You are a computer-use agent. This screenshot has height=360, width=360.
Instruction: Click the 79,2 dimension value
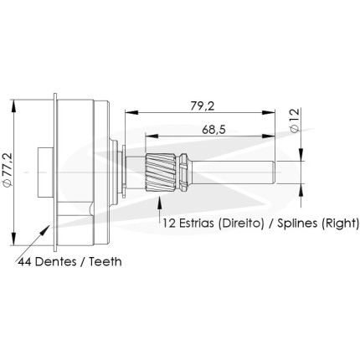click(203, 106)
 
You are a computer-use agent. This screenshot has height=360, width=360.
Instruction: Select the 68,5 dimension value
click(213, 130)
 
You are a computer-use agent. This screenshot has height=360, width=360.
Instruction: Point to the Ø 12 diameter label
click(295, 121)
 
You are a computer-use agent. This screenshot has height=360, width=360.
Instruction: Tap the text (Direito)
click(240, 224)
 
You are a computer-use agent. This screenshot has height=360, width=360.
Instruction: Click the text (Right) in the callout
click(340, 224)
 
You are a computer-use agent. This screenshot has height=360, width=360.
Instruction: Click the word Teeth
click(105, 262)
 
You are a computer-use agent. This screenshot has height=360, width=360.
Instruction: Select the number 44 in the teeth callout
click(24, 262)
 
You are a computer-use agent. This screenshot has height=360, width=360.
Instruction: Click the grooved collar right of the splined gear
click(185, 172)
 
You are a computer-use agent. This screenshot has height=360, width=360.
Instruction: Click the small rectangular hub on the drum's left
click(45, 172)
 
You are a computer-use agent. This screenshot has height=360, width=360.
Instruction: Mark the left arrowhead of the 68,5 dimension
click(152, 136)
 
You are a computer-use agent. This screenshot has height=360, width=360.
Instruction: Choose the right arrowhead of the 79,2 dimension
click(269, 112)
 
